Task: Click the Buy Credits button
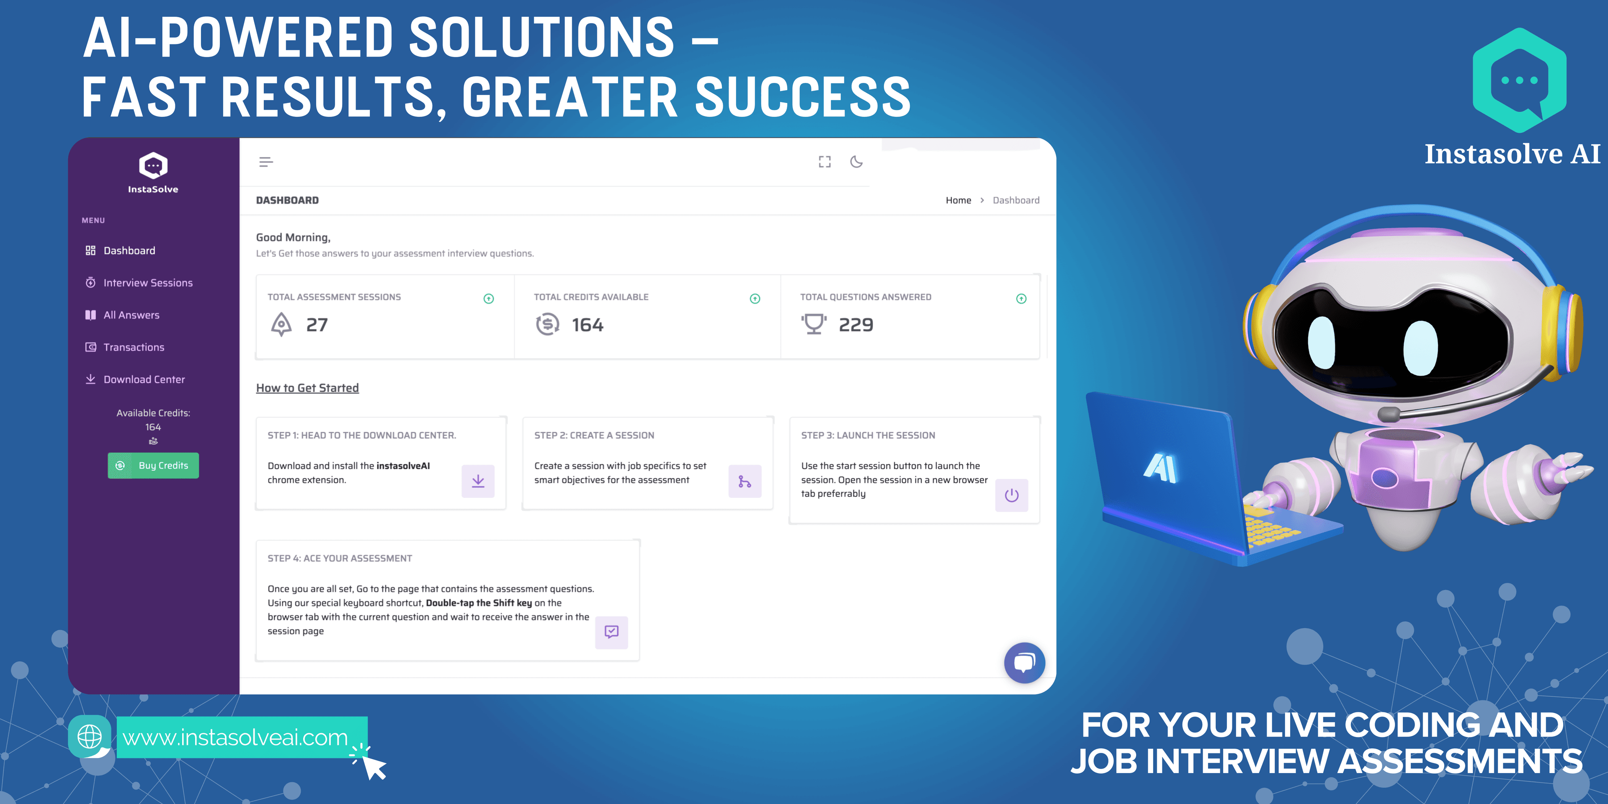tap(153, 466)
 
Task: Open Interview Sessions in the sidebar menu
tap(139, 283)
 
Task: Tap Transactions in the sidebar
tap(125, 347)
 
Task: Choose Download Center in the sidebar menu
tap(135, 379)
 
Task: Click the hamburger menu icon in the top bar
tap(266, 162)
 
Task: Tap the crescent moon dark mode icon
tap(856, 162)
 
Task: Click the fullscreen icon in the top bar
tap(825, 162)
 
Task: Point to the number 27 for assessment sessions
tap(317, 325)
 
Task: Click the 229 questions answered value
tap(856, 325)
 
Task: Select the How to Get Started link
tap(307, 388)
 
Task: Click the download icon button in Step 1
tap(478, 481)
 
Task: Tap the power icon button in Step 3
tap(1012, 496)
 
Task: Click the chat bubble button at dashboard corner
tap(1024, 663)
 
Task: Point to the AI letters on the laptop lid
tap(1160, 468)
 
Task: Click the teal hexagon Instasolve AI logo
tap(1519, 80)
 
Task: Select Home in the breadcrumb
tap(958, 201)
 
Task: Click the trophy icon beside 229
tap(814, 325)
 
